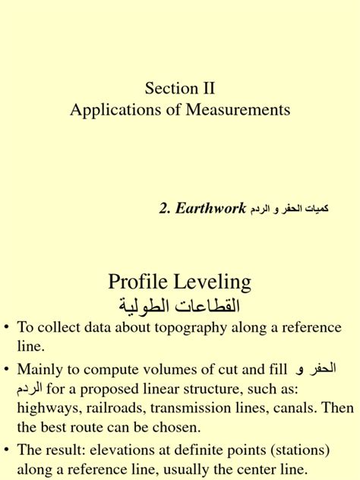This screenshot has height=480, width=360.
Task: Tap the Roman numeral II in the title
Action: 207,90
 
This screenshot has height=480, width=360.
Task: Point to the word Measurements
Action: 242,109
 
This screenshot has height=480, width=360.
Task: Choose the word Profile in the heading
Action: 142,283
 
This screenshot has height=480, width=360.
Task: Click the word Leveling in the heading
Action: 214,283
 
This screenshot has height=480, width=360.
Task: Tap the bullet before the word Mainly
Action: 8,370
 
